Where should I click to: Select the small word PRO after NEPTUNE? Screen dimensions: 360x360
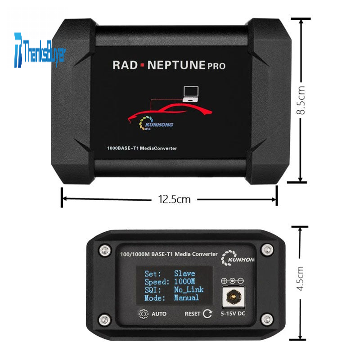click(x=217, y=66)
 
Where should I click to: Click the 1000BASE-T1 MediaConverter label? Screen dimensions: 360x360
click(x=142, y=148)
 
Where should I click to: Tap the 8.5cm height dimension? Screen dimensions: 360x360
click(x=302, y=100)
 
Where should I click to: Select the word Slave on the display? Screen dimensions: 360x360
click(x=184, y=273)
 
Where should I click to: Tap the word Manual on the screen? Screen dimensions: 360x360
click(x=186, y=298)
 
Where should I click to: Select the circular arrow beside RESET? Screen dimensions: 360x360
click(x=207, y=314)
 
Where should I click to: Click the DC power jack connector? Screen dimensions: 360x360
click(x=233, y=297)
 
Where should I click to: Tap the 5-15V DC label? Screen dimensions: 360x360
click(x=233, y=314)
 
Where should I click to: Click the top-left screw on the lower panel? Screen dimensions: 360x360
click(x=105, y=250)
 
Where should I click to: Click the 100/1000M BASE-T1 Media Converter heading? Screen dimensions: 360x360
click(x=169, y=254)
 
